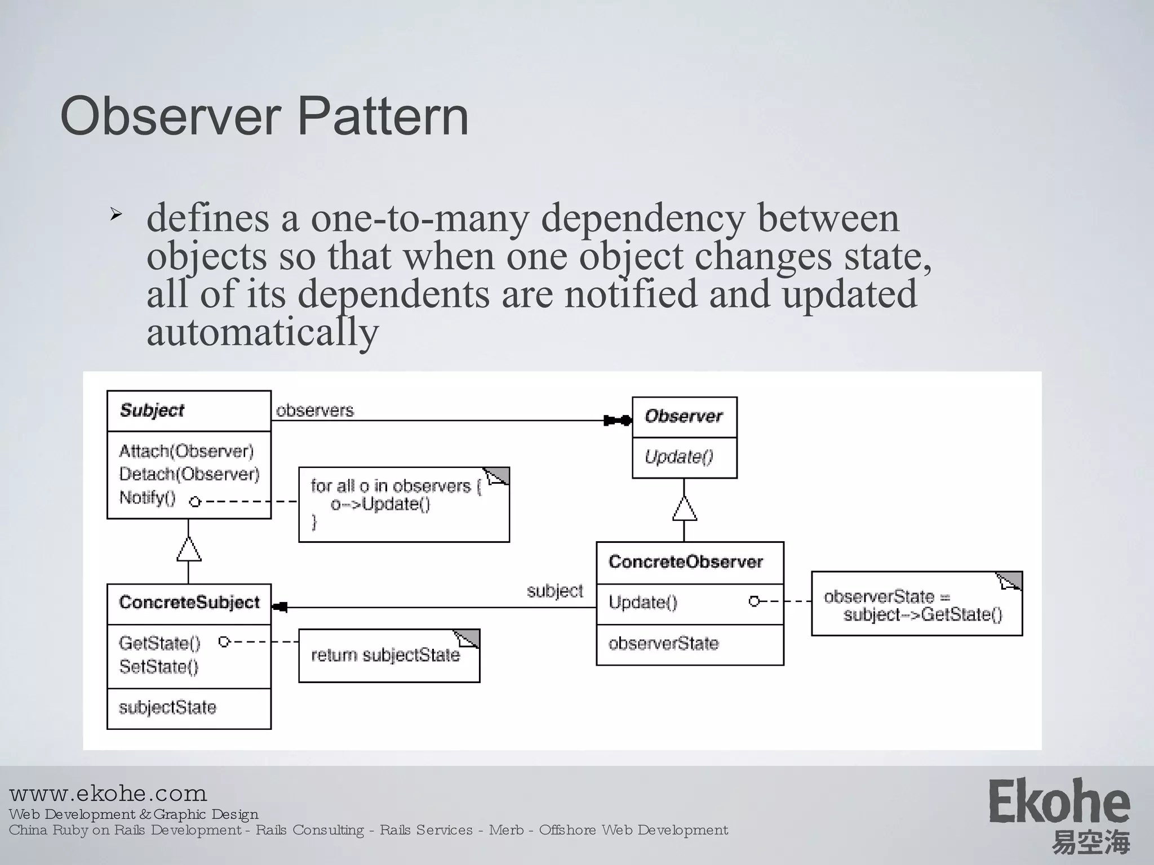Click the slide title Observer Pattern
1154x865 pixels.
click(264, 117)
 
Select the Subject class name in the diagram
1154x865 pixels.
click(152, 411)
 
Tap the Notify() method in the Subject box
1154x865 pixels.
click(148, 498)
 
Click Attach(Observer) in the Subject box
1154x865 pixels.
click(187, 451)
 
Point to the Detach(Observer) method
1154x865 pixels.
click(189, 474)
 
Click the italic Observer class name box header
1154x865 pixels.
click(683, 417)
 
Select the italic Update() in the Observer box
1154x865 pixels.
click(679, 457)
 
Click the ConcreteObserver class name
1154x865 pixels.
click(686, 562)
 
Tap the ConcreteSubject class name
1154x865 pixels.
click(189, 603)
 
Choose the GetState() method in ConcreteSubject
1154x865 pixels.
click(159, 643)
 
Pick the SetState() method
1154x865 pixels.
click(159, 667)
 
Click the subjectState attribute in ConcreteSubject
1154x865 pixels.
click(167, 708)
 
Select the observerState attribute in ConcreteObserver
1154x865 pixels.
click(663, 644)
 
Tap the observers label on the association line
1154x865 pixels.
click(315, 411)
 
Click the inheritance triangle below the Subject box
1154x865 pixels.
click(189, 550)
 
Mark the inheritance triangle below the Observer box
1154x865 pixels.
click(684, 509)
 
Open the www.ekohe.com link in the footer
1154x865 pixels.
click(108, 794)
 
